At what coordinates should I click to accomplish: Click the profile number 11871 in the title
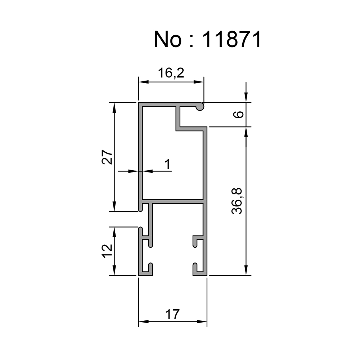(232, 40)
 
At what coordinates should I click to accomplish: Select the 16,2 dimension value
(171, 73)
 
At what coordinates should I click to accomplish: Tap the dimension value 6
(239, 115)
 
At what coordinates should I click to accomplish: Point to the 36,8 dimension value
(238, 201)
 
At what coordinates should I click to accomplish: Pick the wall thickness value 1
(167, 165)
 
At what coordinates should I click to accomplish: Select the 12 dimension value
(107, 251)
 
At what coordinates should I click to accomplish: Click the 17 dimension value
(173, 314)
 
